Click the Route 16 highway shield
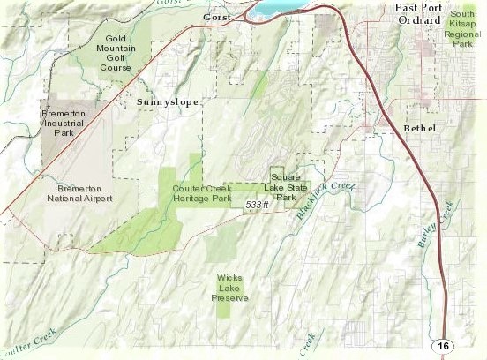pos(444,346)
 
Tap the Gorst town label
pos(215,18)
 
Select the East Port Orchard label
pos(420,13)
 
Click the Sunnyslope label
pos(169,103)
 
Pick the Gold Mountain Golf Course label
pos(123,52)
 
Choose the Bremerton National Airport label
pos(79,193)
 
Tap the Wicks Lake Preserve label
pos(230,289)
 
